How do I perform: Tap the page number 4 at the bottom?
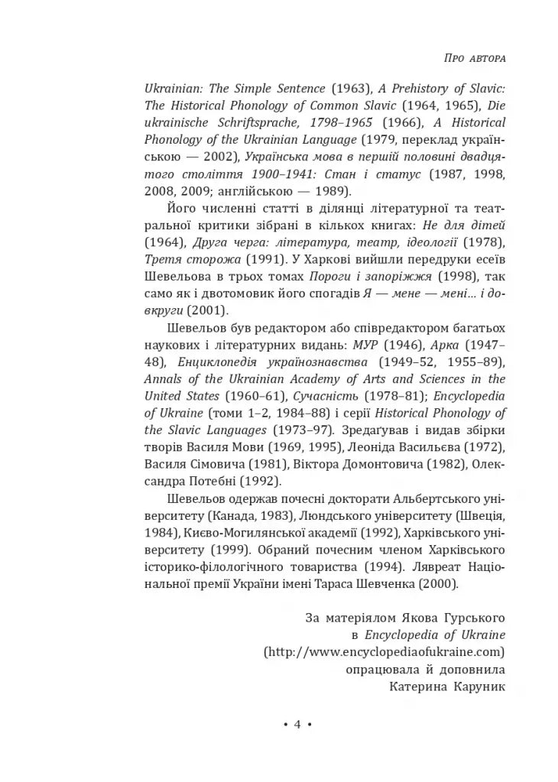click(298, 725)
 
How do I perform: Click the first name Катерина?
click(414, 686)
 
